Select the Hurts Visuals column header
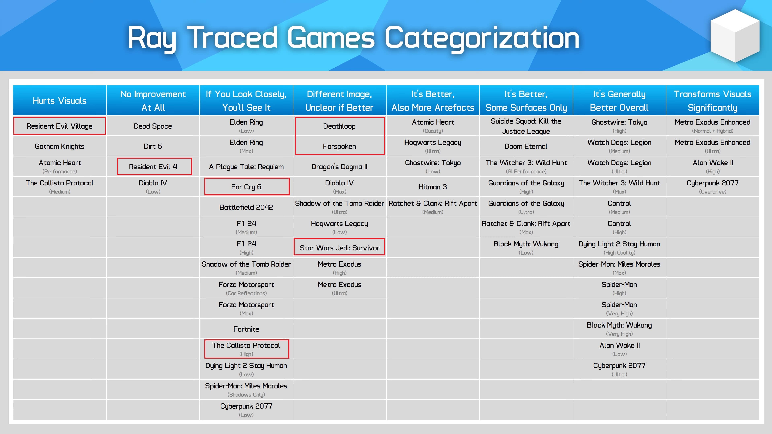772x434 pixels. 60,101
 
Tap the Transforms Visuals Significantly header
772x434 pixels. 712,101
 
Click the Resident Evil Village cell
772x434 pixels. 60,126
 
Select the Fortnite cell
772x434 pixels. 246,329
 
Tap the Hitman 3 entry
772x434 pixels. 432,187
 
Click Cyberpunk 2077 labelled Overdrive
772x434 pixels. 712,187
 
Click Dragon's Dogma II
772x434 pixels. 339,167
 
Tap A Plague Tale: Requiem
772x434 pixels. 246,167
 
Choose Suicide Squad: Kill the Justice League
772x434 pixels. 526,126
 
